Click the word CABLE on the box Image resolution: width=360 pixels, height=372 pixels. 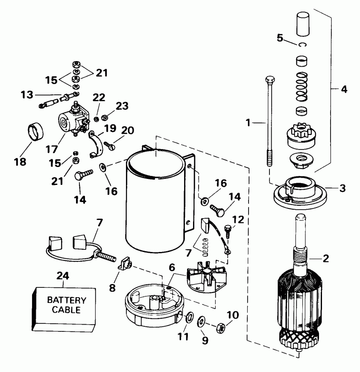tap(66, 310)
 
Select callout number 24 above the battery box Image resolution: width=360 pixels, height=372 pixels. tap(63, 275)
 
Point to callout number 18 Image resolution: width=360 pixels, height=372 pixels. tap(20, 162)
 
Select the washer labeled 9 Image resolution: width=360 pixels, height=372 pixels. tap(202, 321)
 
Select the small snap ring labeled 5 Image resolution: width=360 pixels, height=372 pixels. tap(303, 45)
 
